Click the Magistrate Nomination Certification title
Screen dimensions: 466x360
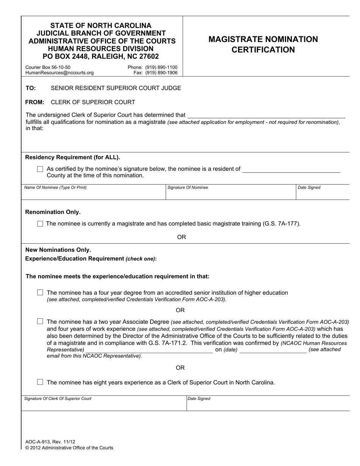click(x=263, y=45)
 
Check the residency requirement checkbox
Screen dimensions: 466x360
click(x=40, y=169)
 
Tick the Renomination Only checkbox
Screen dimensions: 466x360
click(x=40, y=224)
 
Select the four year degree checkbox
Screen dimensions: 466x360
click(x=40, y=293)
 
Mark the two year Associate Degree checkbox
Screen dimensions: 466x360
click(x=40, y=321)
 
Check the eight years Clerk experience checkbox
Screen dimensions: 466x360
click(x=40, y=382)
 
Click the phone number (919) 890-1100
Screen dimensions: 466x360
click(x=152, y=67)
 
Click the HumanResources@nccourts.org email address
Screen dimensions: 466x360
click(x=59, y=73)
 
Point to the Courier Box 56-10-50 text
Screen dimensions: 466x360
click(x=48, y=67)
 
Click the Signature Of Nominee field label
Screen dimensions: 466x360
click(x=188, y=188)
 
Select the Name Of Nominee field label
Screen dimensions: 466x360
click(x=55, y=188)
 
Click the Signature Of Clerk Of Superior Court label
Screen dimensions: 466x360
click(x=58, y=399)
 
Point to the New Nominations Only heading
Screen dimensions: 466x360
click(x=58, y=250)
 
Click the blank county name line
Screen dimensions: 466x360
click(x=291, y=169)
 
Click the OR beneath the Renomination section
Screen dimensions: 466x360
click(x=182, y=237)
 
